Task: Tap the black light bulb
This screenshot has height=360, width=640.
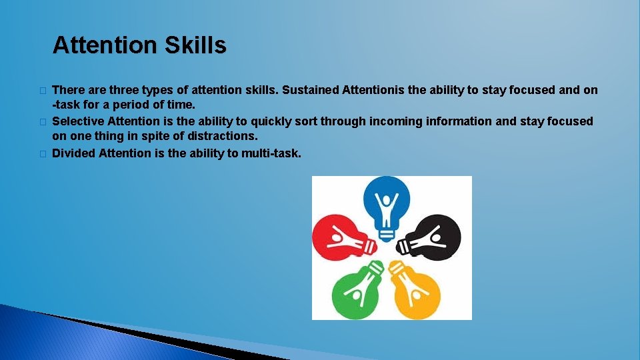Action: click(433, 237)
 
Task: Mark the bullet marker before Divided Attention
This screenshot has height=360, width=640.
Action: click(42, 154)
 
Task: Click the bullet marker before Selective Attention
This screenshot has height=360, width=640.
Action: click(42, 122)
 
